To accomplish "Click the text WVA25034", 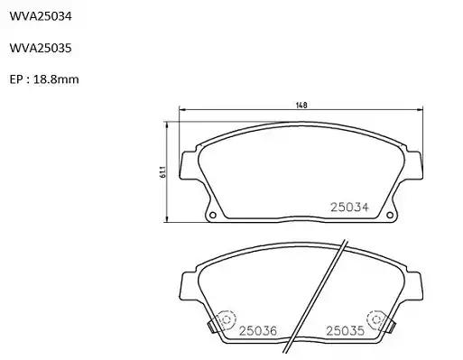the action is tap(41, 16).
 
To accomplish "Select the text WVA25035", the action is tap(41, 48).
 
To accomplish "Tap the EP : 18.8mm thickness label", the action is tap(44, 79).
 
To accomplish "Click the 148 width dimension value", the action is tap(301, 106).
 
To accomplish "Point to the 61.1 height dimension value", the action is tap(162, 172).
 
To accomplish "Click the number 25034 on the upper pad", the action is tap(349, 208).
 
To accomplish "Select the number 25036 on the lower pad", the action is tap(258, 331).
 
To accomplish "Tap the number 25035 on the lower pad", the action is tap(345, 331).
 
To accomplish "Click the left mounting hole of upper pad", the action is tap(213, 215).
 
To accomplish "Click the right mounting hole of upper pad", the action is tap(390, 215).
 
